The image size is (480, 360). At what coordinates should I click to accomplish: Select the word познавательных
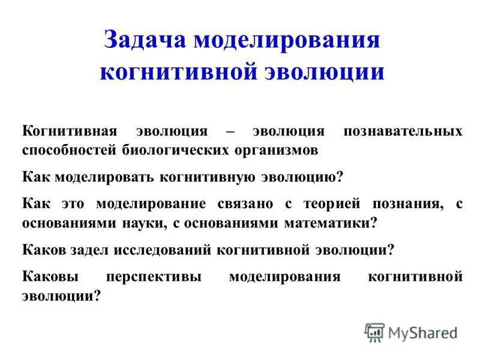[403, 131]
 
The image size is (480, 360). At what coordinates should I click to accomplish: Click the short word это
[73, 203]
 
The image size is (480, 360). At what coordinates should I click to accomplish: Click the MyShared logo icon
[374, 332]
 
